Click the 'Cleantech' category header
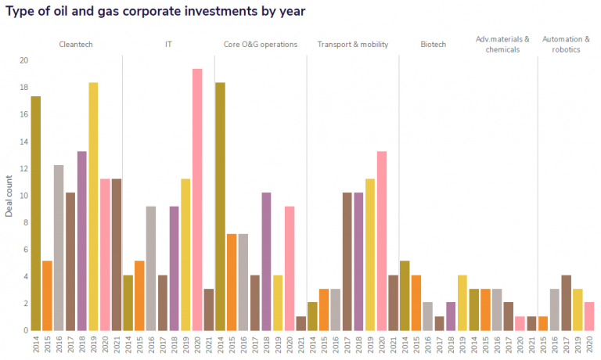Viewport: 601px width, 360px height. pos(76,45)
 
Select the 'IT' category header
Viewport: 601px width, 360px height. pos(168,45)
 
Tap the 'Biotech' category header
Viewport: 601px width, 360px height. pos(433,45)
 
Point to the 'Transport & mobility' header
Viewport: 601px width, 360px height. pos(352,45)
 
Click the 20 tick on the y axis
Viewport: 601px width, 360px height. pos(23,60)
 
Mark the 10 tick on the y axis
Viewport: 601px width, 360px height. pos(23,196)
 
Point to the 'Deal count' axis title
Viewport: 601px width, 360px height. pos(9,196)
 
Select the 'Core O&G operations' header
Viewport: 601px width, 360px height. pos(261,45)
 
